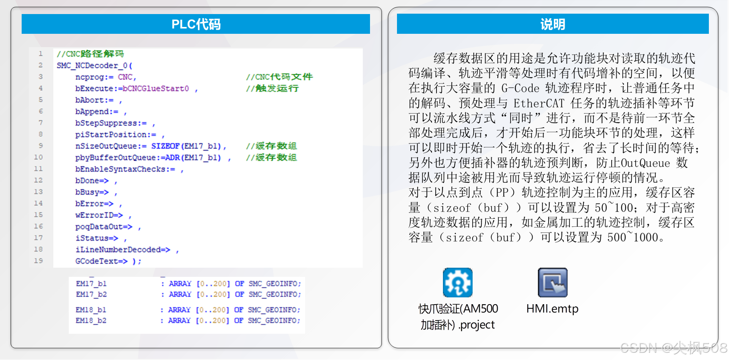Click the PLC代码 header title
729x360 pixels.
click(196, 24)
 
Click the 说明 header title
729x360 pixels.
click(553, 24)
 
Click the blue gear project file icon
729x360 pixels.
click(457, 283)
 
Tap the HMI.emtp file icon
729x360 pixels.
click(552, 283)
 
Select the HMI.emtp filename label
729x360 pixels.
click(552, 309)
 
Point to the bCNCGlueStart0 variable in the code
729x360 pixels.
click(156, 88)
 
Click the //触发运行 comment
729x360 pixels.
click(272, 88)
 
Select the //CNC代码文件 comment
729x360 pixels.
click(279, 77)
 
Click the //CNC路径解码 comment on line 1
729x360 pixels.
click(90, 54)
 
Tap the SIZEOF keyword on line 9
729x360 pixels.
click(165, 146)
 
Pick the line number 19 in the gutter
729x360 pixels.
click(38, 261)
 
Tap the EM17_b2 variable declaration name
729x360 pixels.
click(91, 294)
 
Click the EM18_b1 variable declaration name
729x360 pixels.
click(91, 310)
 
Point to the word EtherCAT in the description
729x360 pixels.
click(539, 103)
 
